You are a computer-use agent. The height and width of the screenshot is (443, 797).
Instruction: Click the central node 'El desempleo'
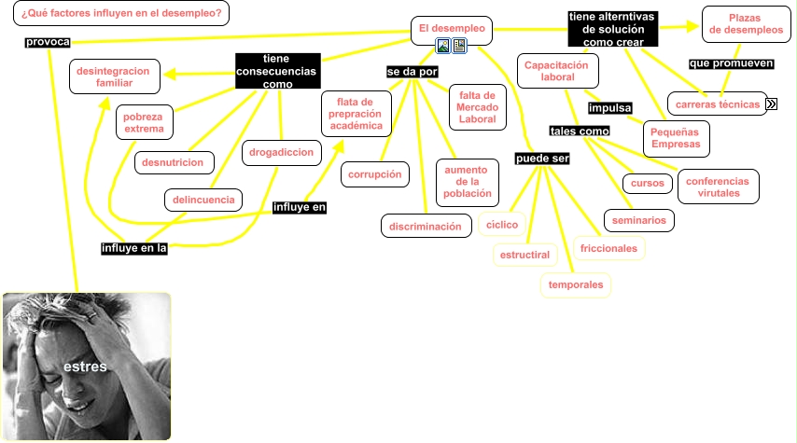point(452,29)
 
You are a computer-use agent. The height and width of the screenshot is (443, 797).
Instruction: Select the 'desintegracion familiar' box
point(115,76)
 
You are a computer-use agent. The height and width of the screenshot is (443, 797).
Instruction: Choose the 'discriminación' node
point(425,226)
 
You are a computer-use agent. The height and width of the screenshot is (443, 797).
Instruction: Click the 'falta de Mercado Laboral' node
point(477,107)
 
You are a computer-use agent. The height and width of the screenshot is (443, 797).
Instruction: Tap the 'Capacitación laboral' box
point(557,72)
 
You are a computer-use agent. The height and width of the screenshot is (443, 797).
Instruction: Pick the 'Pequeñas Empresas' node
point(676,138)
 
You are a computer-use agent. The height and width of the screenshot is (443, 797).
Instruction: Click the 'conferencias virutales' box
point(718,187)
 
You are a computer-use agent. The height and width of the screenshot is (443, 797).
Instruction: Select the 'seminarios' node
point(639,220)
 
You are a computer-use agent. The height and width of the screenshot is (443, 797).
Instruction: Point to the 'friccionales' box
point(608,248)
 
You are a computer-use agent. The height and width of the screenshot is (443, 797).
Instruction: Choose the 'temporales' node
point(576,284)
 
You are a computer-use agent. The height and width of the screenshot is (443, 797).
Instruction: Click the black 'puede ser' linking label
point(542,159)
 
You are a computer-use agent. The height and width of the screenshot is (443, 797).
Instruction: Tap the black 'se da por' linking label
point(412,72)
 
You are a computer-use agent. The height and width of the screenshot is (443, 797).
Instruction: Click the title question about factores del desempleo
point(121,14)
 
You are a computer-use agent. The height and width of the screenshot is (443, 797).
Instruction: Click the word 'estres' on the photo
point(85,367)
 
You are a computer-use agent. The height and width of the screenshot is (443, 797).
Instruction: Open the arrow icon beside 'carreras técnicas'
point(772,104)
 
